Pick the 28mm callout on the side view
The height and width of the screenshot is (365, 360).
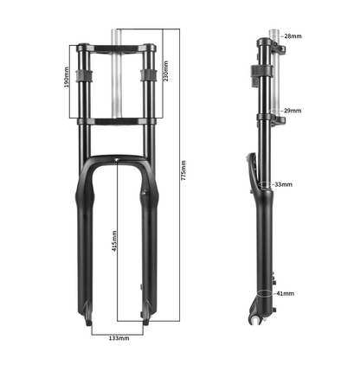293,36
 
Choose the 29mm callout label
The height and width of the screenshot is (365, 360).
293,112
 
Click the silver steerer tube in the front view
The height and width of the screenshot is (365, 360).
118,82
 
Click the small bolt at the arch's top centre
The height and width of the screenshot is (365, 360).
118,160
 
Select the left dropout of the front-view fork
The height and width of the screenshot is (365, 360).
89,318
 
